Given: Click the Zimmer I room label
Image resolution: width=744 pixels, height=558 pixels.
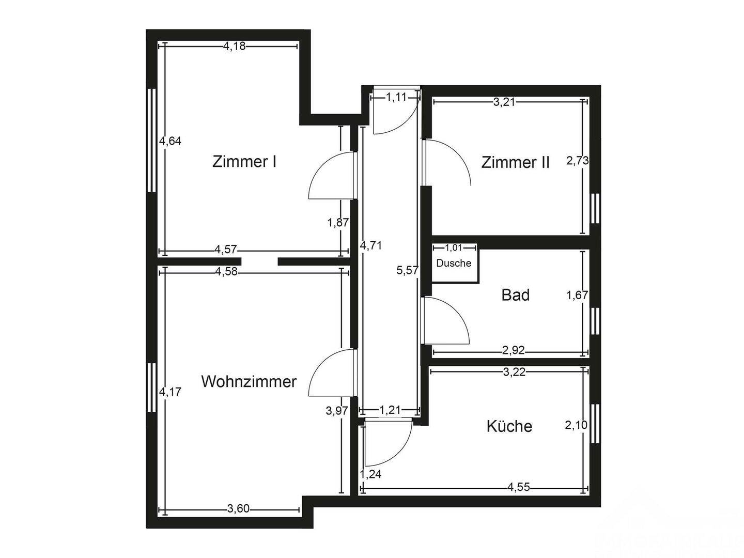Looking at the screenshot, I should tap(244, 162).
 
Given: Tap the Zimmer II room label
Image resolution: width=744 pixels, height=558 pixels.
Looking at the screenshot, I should tap(515, 163).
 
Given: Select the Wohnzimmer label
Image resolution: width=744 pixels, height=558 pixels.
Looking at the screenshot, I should tap(249, 382).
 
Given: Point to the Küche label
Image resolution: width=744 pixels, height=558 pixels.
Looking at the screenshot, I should tap(509, 426).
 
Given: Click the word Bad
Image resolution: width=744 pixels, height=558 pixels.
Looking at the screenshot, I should tap(515, 295).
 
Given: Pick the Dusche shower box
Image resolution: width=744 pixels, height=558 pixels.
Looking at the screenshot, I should tap(454, 263).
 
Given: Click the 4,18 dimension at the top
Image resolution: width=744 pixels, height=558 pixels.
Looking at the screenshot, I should tap(234, 47).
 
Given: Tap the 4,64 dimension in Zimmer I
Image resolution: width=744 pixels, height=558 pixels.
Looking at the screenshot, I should tap(170, 141).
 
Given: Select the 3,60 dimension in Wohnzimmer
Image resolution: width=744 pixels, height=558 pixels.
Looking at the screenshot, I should tap(238, 509).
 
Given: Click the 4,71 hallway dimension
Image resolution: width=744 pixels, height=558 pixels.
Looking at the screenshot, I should tap(371, 245).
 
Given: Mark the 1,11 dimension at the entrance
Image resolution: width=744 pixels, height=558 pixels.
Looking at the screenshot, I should tap(396, 97).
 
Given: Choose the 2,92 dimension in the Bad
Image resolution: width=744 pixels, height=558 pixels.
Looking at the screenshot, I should tap(513, 351).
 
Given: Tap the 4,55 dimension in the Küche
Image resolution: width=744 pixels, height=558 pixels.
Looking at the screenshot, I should tap(518, 487).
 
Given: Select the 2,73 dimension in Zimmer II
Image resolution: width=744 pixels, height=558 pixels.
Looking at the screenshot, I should tap(577, 161).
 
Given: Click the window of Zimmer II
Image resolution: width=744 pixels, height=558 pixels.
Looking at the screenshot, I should tap(595, 208).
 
